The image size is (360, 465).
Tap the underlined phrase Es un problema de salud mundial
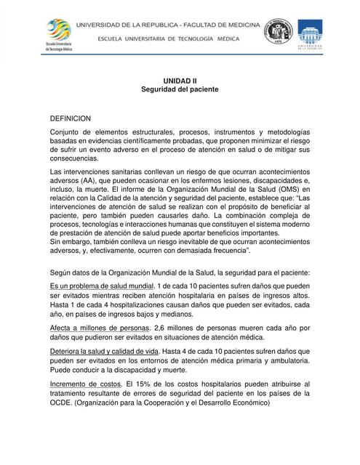coord(102,286)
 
